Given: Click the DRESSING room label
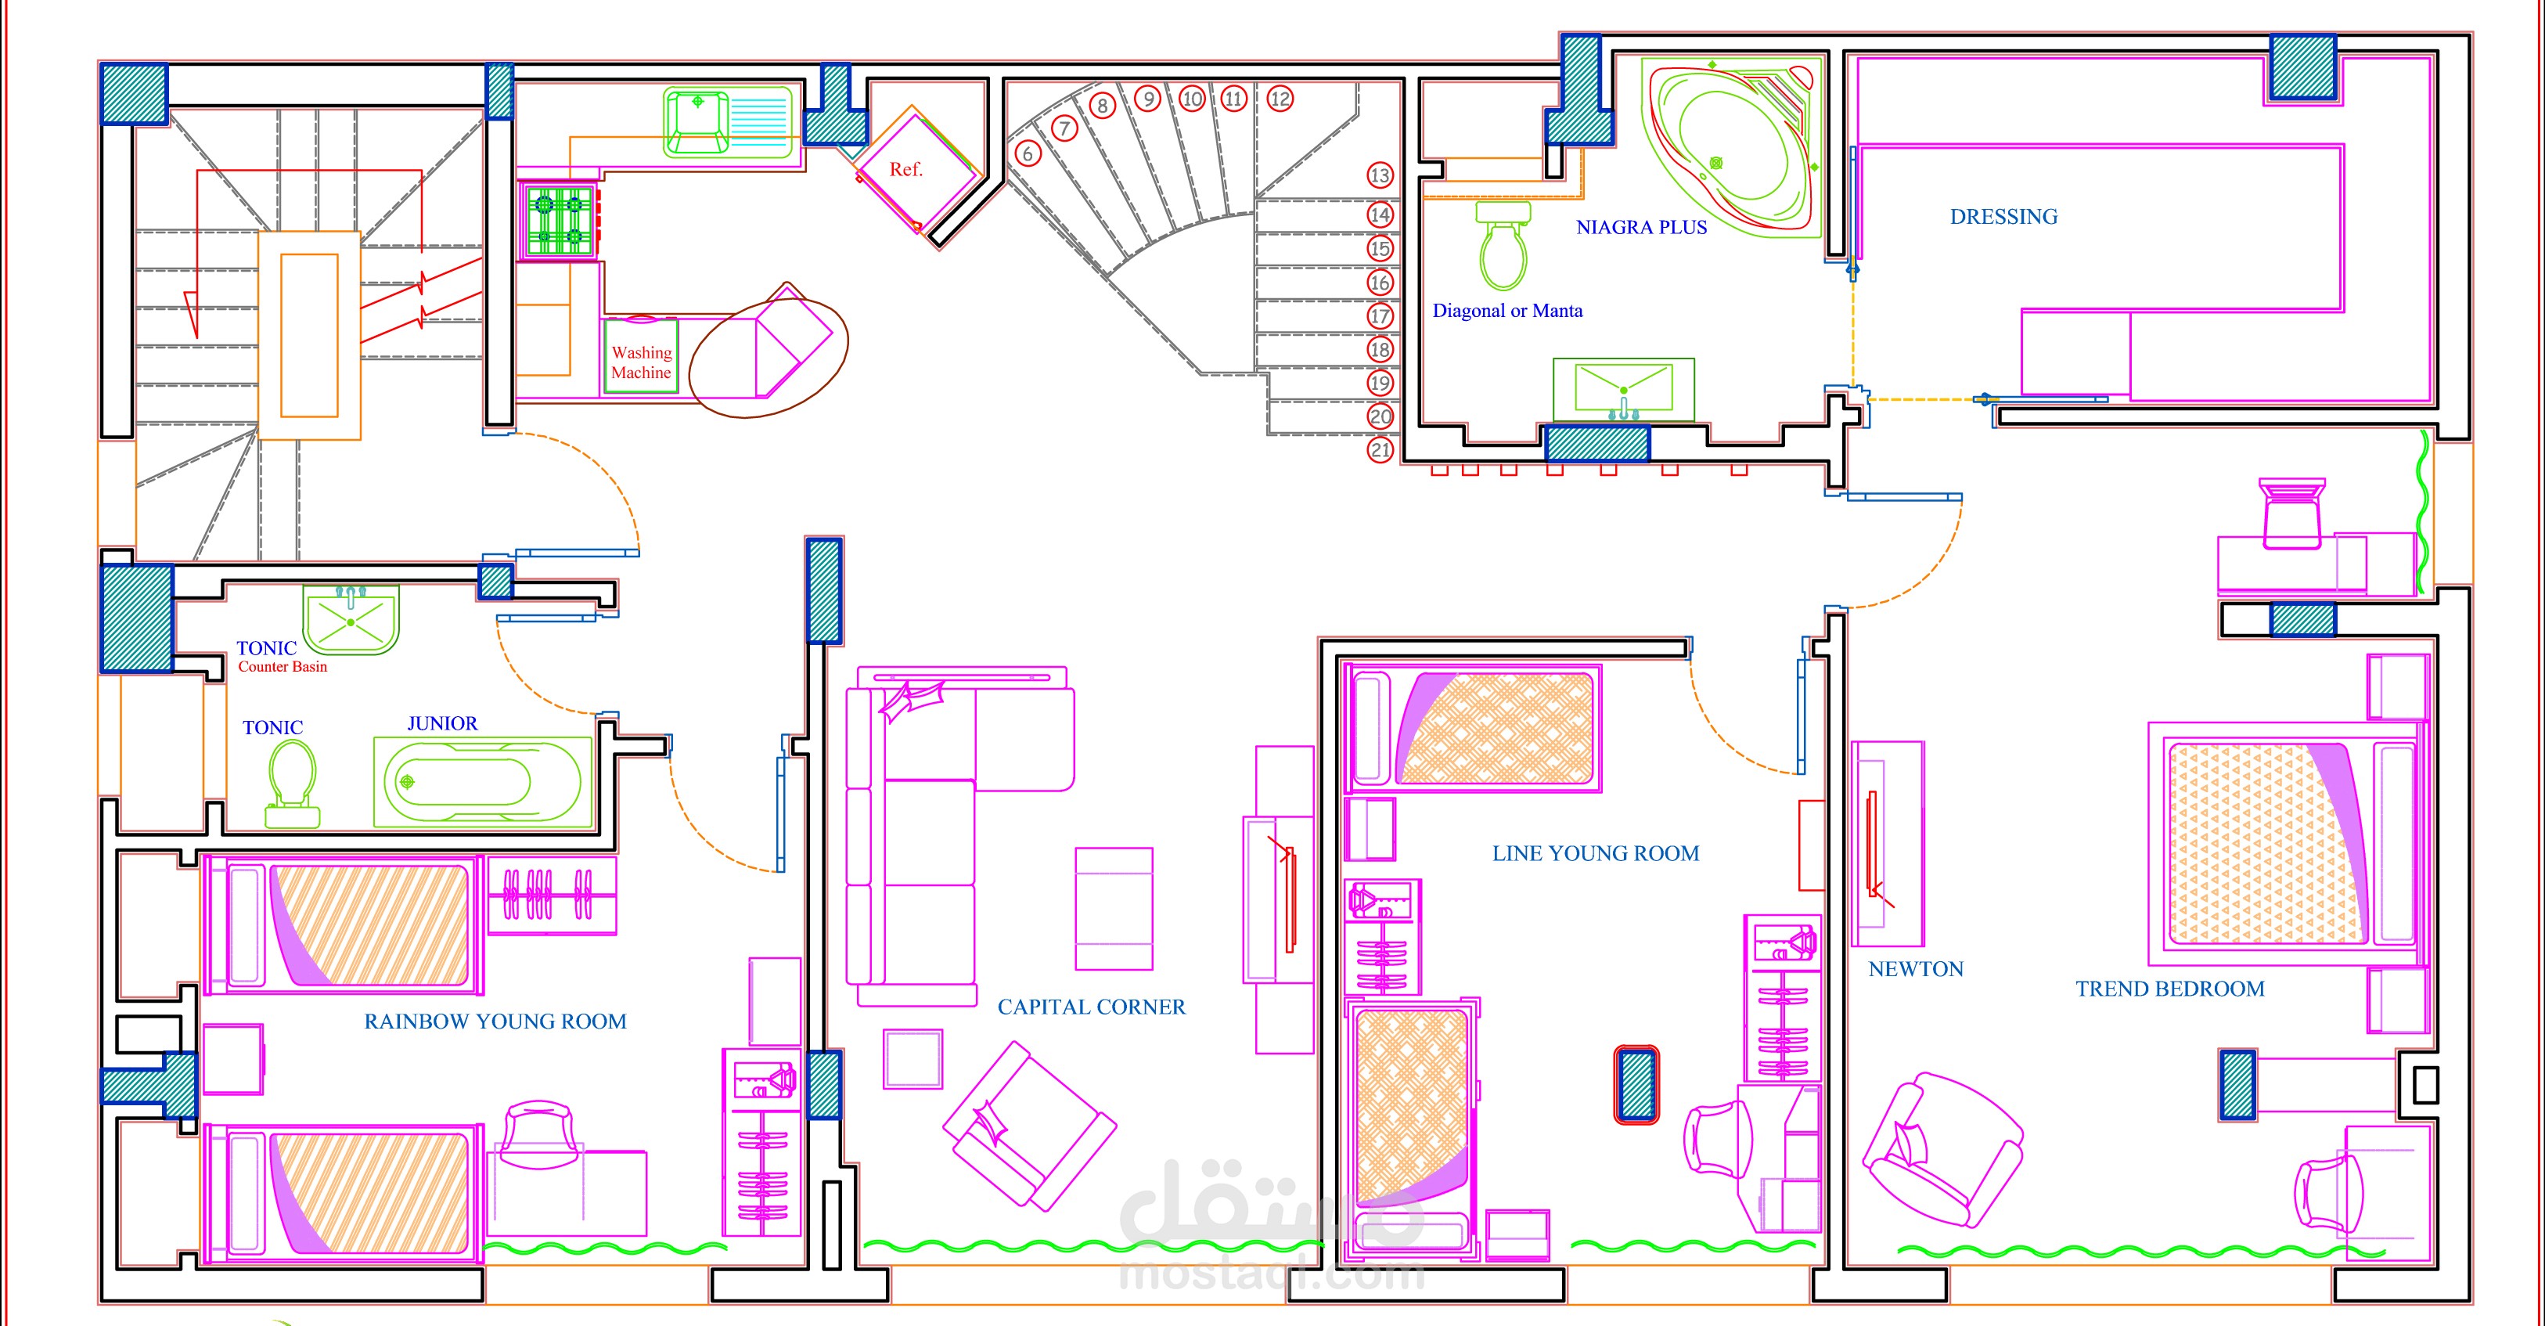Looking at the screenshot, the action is tap(2003, 216).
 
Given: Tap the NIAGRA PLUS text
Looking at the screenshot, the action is tap(1641, 227).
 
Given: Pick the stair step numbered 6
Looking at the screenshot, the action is tap(1028, 154).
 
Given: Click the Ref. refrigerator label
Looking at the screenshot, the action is tap(906, 170).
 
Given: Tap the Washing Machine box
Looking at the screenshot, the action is tap(641, 355).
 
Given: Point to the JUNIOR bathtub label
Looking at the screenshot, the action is tap(443, 723).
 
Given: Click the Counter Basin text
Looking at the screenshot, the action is tap(283, 667).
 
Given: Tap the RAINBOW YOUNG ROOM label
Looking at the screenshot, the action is tap(495, 1022).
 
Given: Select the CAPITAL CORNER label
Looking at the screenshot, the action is tap(1091, 1007).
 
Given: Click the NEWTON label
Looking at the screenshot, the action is tap(1916, 969).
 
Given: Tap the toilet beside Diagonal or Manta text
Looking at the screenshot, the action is tap(1503, 244).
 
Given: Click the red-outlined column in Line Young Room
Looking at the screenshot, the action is tap(1637, 1084).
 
